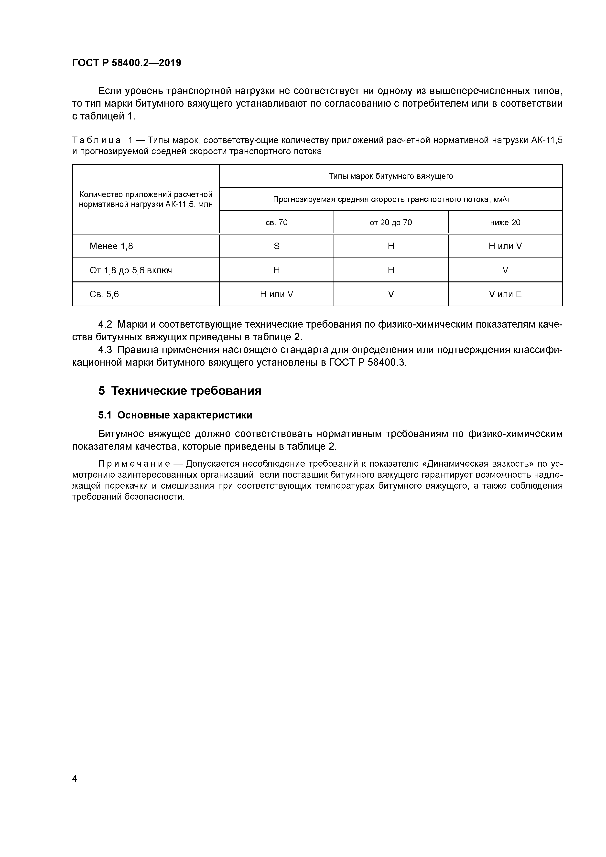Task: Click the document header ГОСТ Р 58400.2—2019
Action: (x=127, y=63)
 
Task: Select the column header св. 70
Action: (x=276, y=223)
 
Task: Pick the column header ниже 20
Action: (x=505, y=223)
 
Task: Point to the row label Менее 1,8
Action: (x=111, y=246)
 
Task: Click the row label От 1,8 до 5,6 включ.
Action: (x=132, y=270)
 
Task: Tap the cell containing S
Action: (x=276, y=246)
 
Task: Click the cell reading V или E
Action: (x=505, y=294)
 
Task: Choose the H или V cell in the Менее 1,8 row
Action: (x=505, y=246)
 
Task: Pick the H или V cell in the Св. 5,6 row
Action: (x=276, y=294)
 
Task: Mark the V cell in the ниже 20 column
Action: (x=505, y=270)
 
